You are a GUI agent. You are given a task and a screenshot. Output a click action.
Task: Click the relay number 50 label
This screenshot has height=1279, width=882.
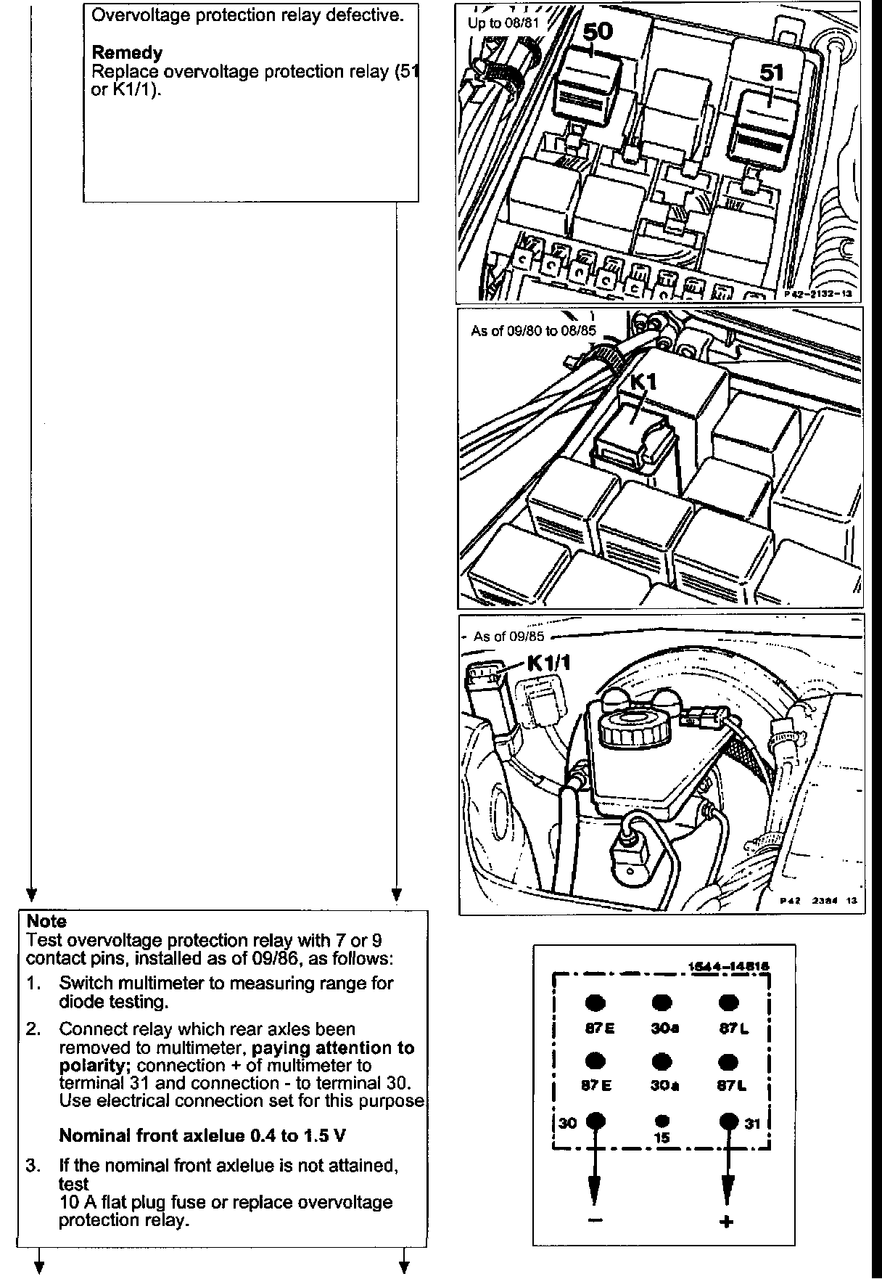(x=597, y=32)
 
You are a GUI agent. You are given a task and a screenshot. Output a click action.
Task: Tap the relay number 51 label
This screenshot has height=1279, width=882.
(x=772, y=73)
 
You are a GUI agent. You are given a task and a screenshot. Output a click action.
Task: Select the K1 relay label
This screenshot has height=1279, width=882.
(x=643, y=382)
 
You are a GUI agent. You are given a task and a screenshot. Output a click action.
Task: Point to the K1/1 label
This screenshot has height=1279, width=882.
(x=549, y=663)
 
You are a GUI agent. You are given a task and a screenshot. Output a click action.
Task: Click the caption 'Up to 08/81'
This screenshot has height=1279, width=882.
(x=505, y=23)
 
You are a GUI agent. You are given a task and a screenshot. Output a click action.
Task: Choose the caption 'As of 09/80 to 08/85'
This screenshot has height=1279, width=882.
(x=533, y=331)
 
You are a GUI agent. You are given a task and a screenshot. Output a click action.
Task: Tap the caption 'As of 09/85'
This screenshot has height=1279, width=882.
(x=508, y=637)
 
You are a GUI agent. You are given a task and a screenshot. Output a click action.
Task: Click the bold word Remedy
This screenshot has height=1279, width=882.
(x=127, y=53)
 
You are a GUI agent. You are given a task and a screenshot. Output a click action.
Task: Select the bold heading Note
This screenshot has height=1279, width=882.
(x=46, y=921)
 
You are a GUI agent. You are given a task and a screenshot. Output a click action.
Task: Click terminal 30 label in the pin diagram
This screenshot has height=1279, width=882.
(x=568, y=1123)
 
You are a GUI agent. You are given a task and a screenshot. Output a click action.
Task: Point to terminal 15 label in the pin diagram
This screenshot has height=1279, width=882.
(x=661, y=1138)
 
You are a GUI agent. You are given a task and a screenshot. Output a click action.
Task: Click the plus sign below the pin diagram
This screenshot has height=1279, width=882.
(x=727, y=1222)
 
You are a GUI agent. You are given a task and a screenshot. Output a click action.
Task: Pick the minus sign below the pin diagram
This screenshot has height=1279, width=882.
(x=595, y=1220)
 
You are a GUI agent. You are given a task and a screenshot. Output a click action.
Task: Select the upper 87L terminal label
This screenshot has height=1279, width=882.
(x=728, y=1028)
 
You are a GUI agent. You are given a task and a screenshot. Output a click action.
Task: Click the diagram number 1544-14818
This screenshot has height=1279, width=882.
(x=727, y=967)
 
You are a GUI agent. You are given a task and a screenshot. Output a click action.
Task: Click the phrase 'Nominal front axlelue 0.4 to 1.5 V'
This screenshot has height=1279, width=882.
(x=202, y=1135)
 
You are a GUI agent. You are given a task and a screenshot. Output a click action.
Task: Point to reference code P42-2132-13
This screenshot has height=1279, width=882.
(x=817, y=295)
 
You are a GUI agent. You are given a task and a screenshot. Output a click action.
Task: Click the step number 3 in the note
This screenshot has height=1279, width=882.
(x=33, y=1166)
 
